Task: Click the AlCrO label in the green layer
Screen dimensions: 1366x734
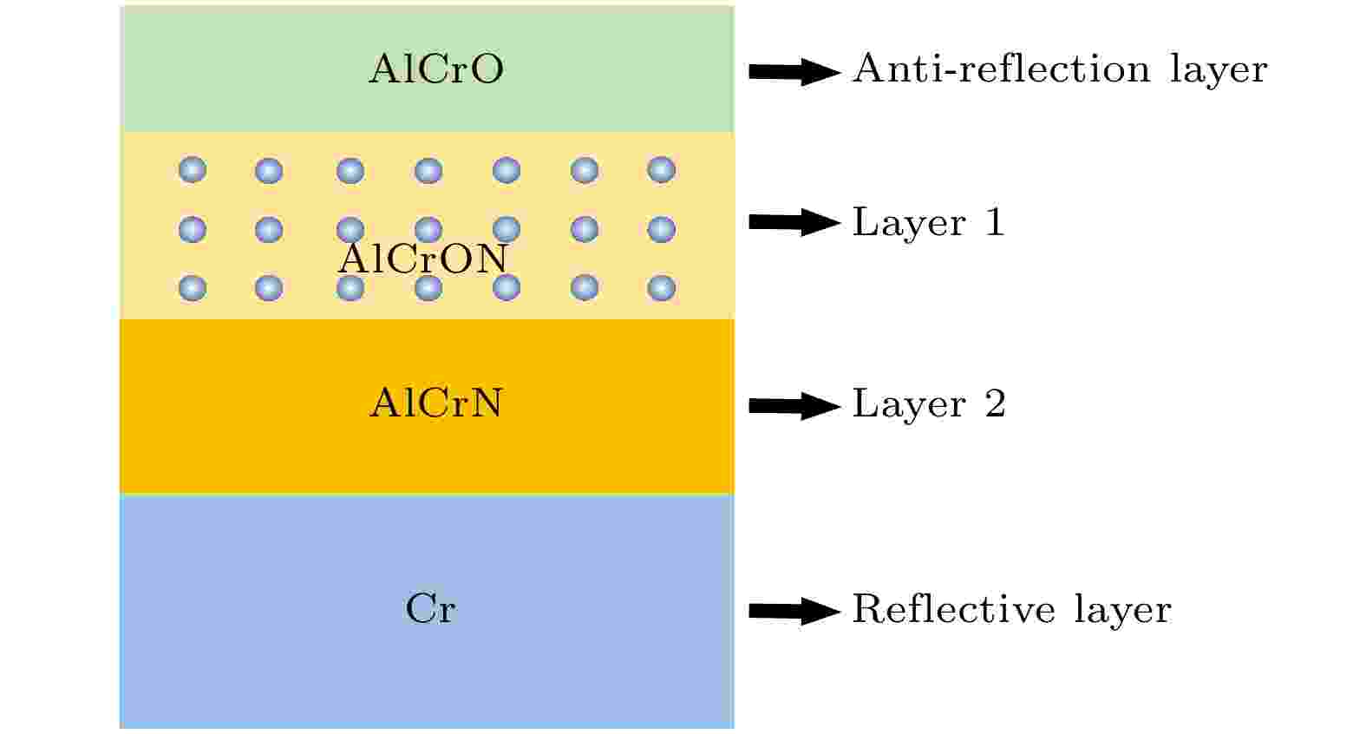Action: (x=436, y=69)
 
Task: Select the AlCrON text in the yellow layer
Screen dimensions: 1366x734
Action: (x=422, y=259)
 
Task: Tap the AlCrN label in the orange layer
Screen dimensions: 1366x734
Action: (x=436, y=403)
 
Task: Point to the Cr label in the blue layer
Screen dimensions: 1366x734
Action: (x=430, y=608)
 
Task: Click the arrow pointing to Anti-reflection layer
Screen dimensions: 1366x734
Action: (x=794, y=72)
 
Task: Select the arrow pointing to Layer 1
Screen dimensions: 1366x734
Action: (x=794, y=222)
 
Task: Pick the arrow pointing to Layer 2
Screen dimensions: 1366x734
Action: (x=794, y=406)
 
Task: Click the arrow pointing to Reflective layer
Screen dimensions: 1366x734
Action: (x=794, y=611)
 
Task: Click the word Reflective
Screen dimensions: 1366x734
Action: (x=954, y=608)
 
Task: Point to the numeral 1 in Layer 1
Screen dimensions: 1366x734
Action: (x=996, y=221)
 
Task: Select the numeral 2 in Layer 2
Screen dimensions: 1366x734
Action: (x=996, y=403)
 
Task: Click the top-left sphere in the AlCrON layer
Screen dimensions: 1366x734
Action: (x=193, y=170)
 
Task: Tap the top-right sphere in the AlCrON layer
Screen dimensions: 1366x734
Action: (x=661, y=170)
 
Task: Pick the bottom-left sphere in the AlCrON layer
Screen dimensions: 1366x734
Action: (x=193, y=288)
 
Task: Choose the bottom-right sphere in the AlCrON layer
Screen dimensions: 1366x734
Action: (x=661, y=288)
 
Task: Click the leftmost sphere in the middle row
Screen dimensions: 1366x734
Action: (x=193, y=229)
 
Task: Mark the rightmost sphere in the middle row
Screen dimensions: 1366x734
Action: (x=661, y=229)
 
